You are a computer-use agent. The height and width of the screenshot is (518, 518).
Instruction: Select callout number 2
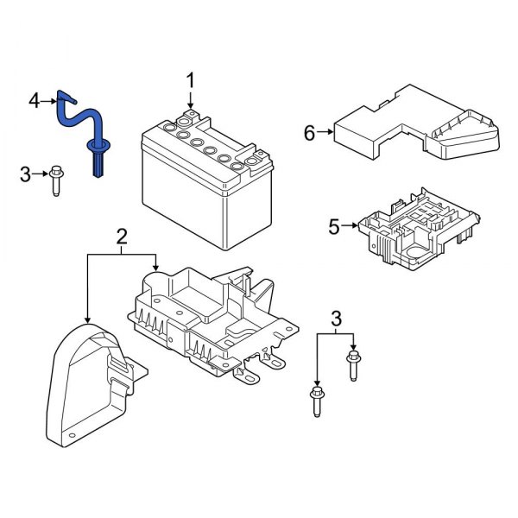click(122, 235)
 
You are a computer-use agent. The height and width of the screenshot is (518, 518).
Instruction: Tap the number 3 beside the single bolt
click(25, 176)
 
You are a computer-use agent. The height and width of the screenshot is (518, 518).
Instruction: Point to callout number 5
click(334, 228)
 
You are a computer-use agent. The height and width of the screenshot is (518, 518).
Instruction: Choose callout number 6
click(309, 132)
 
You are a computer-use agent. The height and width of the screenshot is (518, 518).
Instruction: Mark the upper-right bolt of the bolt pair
click(352, 363)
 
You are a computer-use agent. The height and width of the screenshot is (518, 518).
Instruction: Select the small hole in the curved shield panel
click(73, 435)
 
